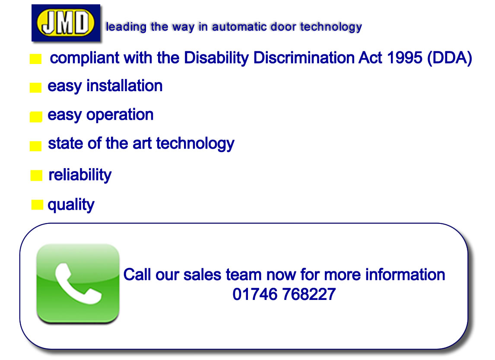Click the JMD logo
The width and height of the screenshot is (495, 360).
(66, 23)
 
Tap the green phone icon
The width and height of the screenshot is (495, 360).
(78, 283)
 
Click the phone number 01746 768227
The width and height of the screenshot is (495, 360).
(284, 294)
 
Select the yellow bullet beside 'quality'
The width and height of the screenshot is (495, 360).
(37, 205)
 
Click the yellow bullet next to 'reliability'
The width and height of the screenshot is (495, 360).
(36, 175)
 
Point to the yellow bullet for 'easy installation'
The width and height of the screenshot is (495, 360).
(36, 87)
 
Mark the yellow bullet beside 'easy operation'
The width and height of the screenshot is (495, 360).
(36, 117)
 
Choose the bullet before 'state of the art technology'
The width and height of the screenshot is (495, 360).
(36, 146)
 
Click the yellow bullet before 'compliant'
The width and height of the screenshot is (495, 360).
(36, 59)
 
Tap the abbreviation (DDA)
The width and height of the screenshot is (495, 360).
(450, 58)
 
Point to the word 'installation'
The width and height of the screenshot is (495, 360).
(124, 86)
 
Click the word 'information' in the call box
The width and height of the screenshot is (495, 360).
(405, 275)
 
